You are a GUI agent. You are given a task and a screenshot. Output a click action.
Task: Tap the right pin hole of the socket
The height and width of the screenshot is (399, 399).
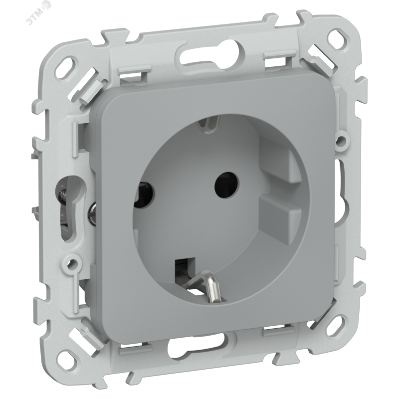coord(227,184)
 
